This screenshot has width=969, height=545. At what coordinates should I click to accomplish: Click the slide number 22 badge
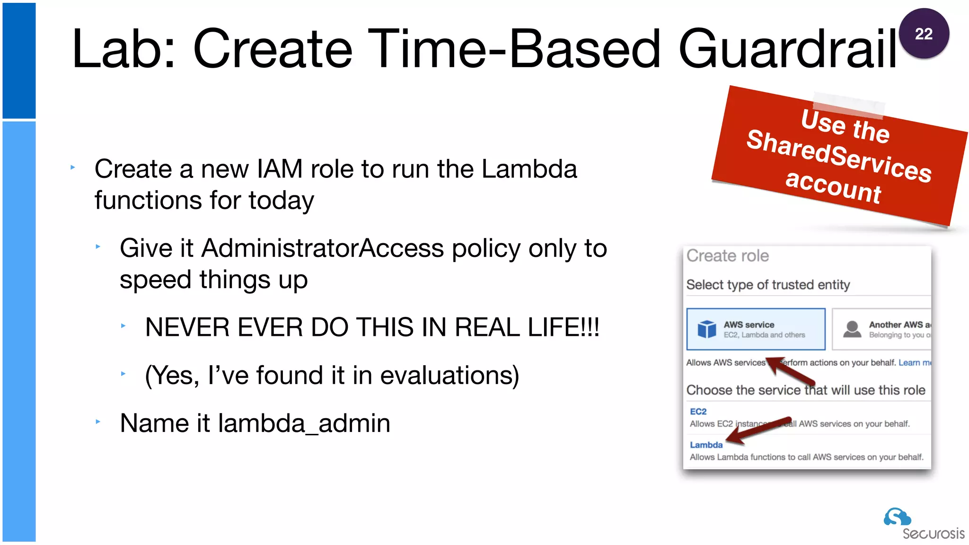pos(924,34)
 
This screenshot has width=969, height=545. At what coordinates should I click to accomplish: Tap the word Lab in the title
pos(118,49)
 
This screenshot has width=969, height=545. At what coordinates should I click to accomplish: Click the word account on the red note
pos(833,186)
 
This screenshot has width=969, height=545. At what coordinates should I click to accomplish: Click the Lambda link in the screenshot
pos(706,445)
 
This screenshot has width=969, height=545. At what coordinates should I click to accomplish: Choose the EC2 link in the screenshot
pos(698,412)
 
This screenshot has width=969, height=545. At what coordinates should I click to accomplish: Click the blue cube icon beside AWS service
pos(707,329)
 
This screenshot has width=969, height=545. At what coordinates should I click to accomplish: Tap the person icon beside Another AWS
pos(852,329)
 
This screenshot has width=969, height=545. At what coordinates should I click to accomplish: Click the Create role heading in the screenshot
pos(727,256)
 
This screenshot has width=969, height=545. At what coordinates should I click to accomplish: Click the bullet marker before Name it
pos(98,421)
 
